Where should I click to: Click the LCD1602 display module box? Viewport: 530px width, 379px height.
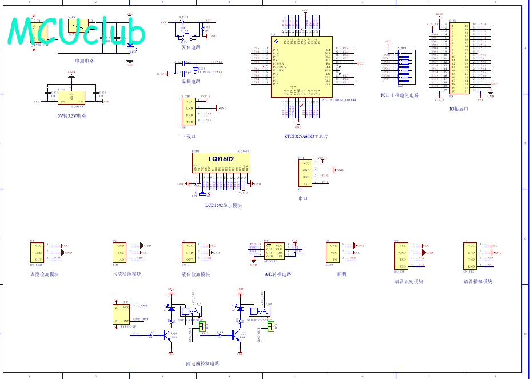221,162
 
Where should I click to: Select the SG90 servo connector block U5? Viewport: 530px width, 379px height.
332,252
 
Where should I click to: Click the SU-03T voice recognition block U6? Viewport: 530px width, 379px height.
402,256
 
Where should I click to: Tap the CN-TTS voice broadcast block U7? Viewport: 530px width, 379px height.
470,256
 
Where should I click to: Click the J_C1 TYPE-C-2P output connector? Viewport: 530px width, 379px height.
121,314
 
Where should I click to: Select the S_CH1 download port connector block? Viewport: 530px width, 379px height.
189,111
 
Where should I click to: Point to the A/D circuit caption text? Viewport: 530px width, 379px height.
278,274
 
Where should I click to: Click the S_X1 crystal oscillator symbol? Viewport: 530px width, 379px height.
195,70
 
